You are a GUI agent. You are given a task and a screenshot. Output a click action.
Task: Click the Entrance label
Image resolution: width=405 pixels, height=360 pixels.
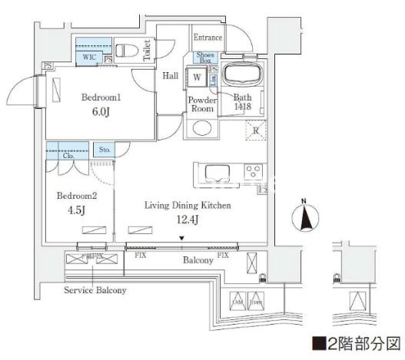tap(207, 38)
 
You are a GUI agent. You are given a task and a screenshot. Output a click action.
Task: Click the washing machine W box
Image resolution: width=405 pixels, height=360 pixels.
tap(198, 78)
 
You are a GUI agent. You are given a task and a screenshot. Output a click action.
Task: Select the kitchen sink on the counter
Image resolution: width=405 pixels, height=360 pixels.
tap(214, 170)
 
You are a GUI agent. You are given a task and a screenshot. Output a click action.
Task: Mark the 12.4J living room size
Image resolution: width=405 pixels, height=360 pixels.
tap(181, 222)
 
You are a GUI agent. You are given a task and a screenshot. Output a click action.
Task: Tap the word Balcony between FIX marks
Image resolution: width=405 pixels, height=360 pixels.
tap(198, 261)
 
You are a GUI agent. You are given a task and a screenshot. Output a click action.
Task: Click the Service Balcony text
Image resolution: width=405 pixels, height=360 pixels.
tap(95, 291)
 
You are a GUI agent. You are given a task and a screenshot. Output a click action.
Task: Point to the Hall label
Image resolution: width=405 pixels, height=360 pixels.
tap(170, 75)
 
